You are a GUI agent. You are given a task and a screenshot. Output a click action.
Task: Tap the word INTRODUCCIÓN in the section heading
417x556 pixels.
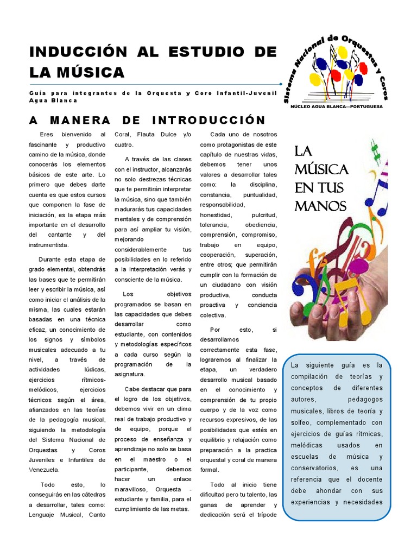(209, 120)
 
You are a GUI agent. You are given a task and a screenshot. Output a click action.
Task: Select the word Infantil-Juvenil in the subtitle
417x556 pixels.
(242, 93)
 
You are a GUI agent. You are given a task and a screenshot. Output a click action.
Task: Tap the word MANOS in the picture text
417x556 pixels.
(320, 206)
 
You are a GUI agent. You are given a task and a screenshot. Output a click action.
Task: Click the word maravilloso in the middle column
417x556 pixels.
(134, 489)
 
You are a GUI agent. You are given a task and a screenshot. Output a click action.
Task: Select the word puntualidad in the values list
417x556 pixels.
(260, 194)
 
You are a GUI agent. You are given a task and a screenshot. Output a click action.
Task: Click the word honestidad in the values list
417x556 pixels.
(216, 215)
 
